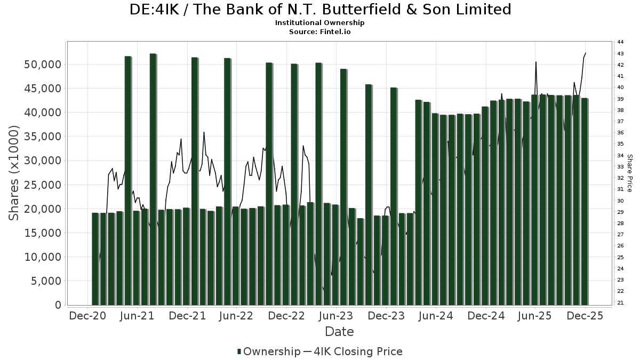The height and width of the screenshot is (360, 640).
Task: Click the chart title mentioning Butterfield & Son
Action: [x=320, y=10]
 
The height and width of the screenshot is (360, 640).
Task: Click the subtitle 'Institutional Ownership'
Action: [x=320, y=23]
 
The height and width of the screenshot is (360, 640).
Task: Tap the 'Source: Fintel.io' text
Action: [x=320, y=31]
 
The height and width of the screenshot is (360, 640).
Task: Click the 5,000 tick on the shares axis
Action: [x=46, y=281]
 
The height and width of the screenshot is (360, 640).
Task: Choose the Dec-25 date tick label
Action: [x=585, y=316]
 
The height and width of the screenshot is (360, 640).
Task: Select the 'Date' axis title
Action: [x=339, y=332]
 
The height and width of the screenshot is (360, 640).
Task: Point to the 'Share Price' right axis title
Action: [x=629, y=173]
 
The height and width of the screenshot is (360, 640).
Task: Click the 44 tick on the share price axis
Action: [x=620, y=42]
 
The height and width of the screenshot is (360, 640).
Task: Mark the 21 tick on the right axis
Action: [x=620, y=302]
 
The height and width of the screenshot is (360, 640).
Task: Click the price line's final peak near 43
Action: [x=586, y=53]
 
